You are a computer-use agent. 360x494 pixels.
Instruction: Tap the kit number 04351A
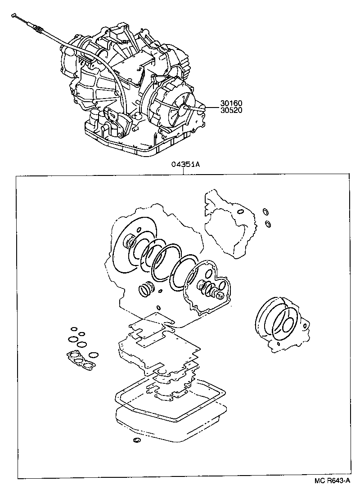(x=185, y=165)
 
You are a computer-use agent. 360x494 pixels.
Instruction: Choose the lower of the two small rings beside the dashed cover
(x=268, y=224)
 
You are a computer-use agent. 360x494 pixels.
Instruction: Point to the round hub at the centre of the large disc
(x=130, y=243)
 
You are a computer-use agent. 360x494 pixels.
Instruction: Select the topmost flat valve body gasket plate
(x=151, y=324)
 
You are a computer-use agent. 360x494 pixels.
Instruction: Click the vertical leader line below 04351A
(x=185, y=171)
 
